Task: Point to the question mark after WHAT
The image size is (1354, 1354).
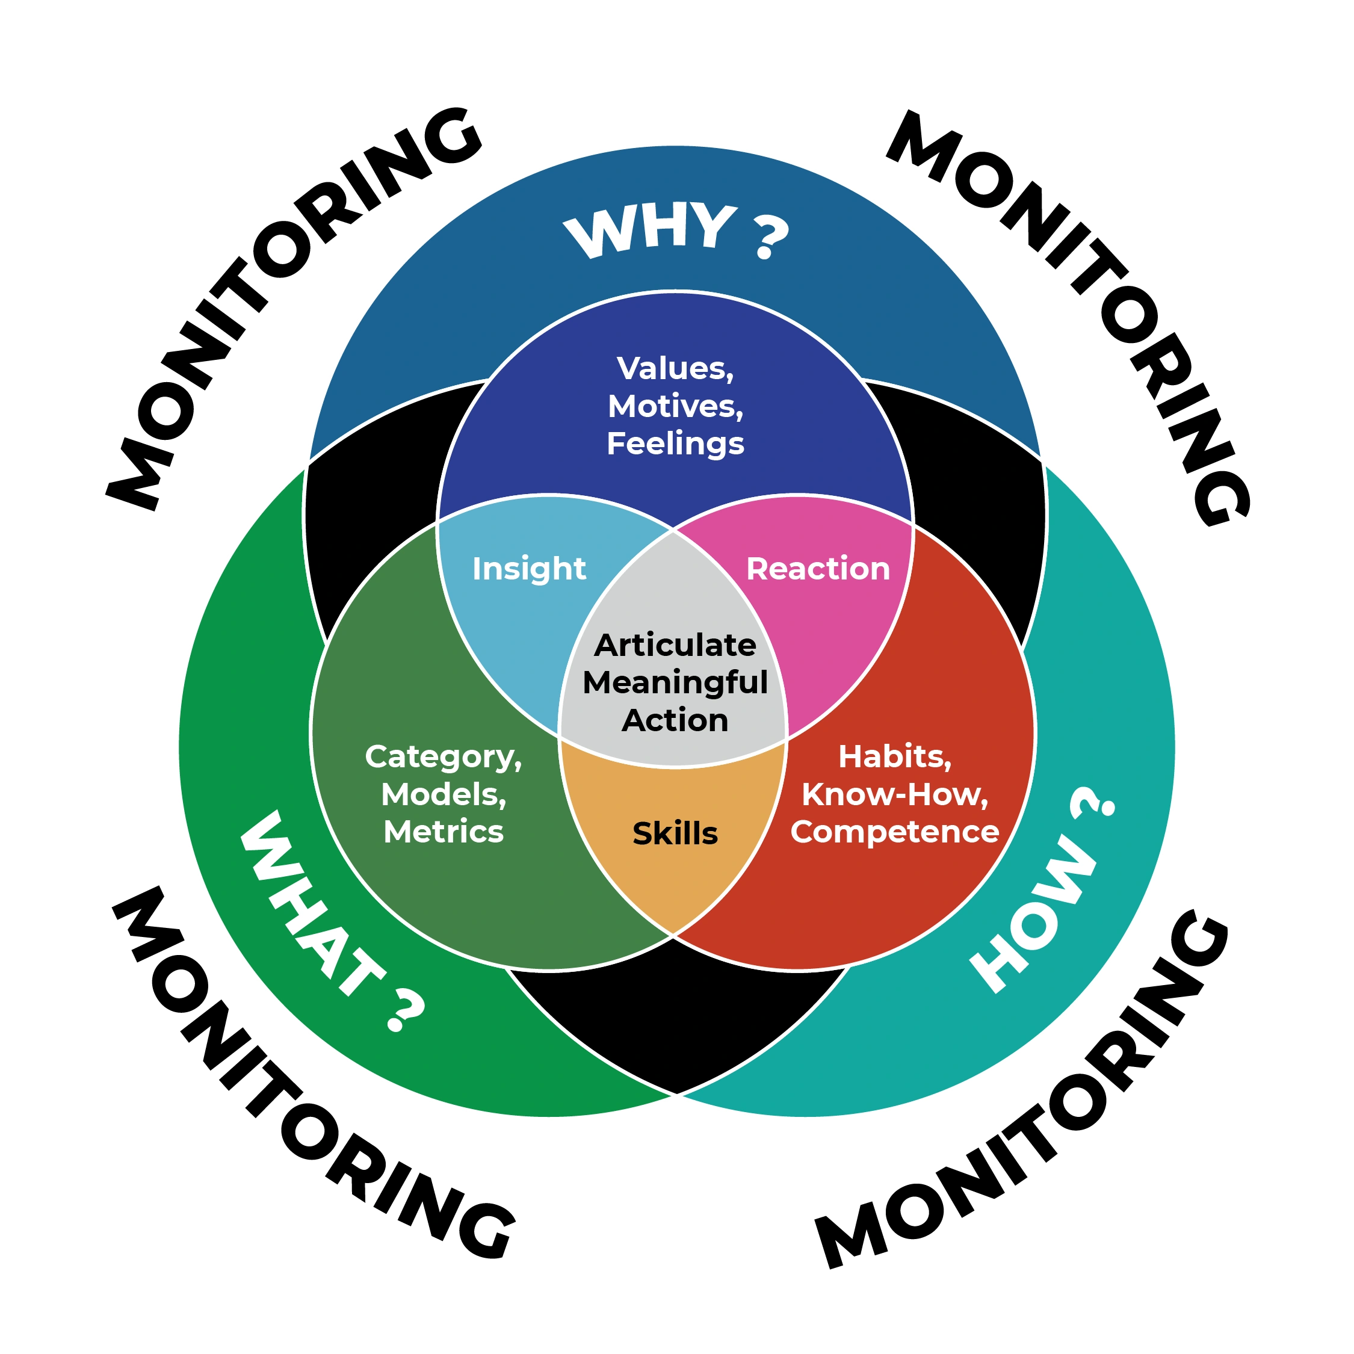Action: point(404,1010)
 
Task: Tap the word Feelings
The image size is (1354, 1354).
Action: point(675,444)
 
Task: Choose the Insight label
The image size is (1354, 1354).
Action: point(528,568)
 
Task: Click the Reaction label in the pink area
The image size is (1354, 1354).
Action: point(818,568)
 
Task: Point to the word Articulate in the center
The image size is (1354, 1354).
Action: point(675,645)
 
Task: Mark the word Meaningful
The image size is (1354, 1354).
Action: point(675,682)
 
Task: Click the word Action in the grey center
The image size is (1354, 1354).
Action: point(675,720)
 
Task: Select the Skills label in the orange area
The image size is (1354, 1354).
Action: point(675,833)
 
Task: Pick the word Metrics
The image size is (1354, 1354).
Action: point(443,832)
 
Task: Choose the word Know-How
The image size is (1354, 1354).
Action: point(894,795)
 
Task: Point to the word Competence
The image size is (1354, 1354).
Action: point(894,832)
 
